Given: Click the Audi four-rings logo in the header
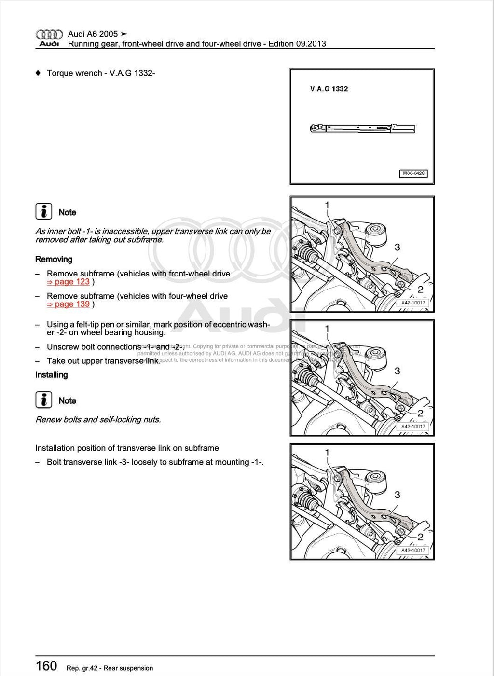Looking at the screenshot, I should (x=49, y=34).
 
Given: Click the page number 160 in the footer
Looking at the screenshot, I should (x=46, y=666).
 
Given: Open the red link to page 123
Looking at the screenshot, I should (x=69, y=282).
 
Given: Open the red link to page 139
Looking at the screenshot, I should (x=69, y=304).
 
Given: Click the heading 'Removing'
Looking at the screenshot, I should (x=54, y=260).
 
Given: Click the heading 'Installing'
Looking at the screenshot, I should (x=51, y=375).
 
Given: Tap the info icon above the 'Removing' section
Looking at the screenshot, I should (x=43, y=212).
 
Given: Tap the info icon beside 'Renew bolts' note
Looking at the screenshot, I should (x=43, y=400).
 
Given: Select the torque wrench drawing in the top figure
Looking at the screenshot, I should (x=362, y=128).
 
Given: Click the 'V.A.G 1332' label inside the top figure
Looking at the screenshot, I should (x=329, y=89).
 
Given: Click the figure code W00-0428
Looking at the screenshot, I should (x=413, y=173).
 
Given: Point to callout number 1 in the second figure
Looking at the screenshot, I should (x=327, y=205).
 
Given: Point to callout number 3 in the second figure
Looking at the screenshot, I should (x=397, y=247).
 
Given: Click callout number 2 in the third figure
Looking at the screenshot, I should (x=420, y=413).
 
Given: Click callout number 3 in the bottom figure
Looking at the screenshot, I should (x=397, y=495).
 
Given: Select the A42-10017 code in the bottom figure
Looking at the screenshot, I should (x=413, y=550).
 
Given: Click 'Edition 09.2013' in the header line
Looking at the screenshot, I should (x=297, y=44).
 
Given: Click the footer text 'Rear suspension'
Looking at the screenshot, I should (x=128, y=668).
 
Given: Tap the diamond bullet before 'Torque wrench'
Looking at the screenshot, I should (x=38, y=73).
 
